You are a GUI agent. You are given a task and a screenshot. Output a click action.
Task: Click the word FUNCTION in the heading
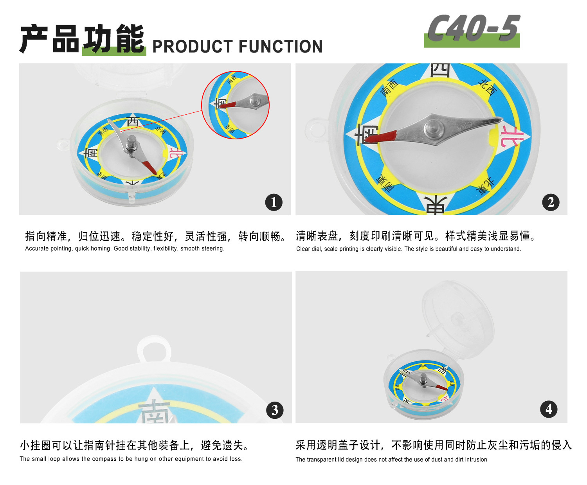tap(281, 47)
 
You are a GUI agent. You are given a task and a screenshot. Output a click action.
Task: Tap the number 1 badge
tap(274, 202)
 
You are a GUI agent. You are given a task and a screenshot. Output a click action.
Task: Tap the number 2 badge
tap(551, 202)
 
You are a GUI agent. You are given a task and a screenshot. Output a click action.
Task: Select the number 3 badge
tap(275, 410)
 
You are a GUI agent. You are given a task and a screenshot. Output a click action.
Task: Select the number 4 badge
tap(549, 409)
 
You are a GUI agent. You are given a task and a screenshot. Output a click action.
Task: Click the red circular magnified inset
tap(236, 105)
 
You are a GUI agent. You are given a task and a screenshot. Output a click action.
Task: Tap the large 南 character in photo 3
tap(155, 411)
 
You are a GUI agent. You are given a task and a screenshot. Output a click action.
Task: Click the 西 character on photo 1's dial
tap(133, 122)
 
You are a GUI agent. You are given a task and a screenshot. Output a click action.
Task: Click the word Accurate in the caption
tap(37, 249)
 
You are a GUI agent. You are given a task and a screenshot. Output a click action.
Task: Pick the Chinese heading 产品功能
tap(83, 39)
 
